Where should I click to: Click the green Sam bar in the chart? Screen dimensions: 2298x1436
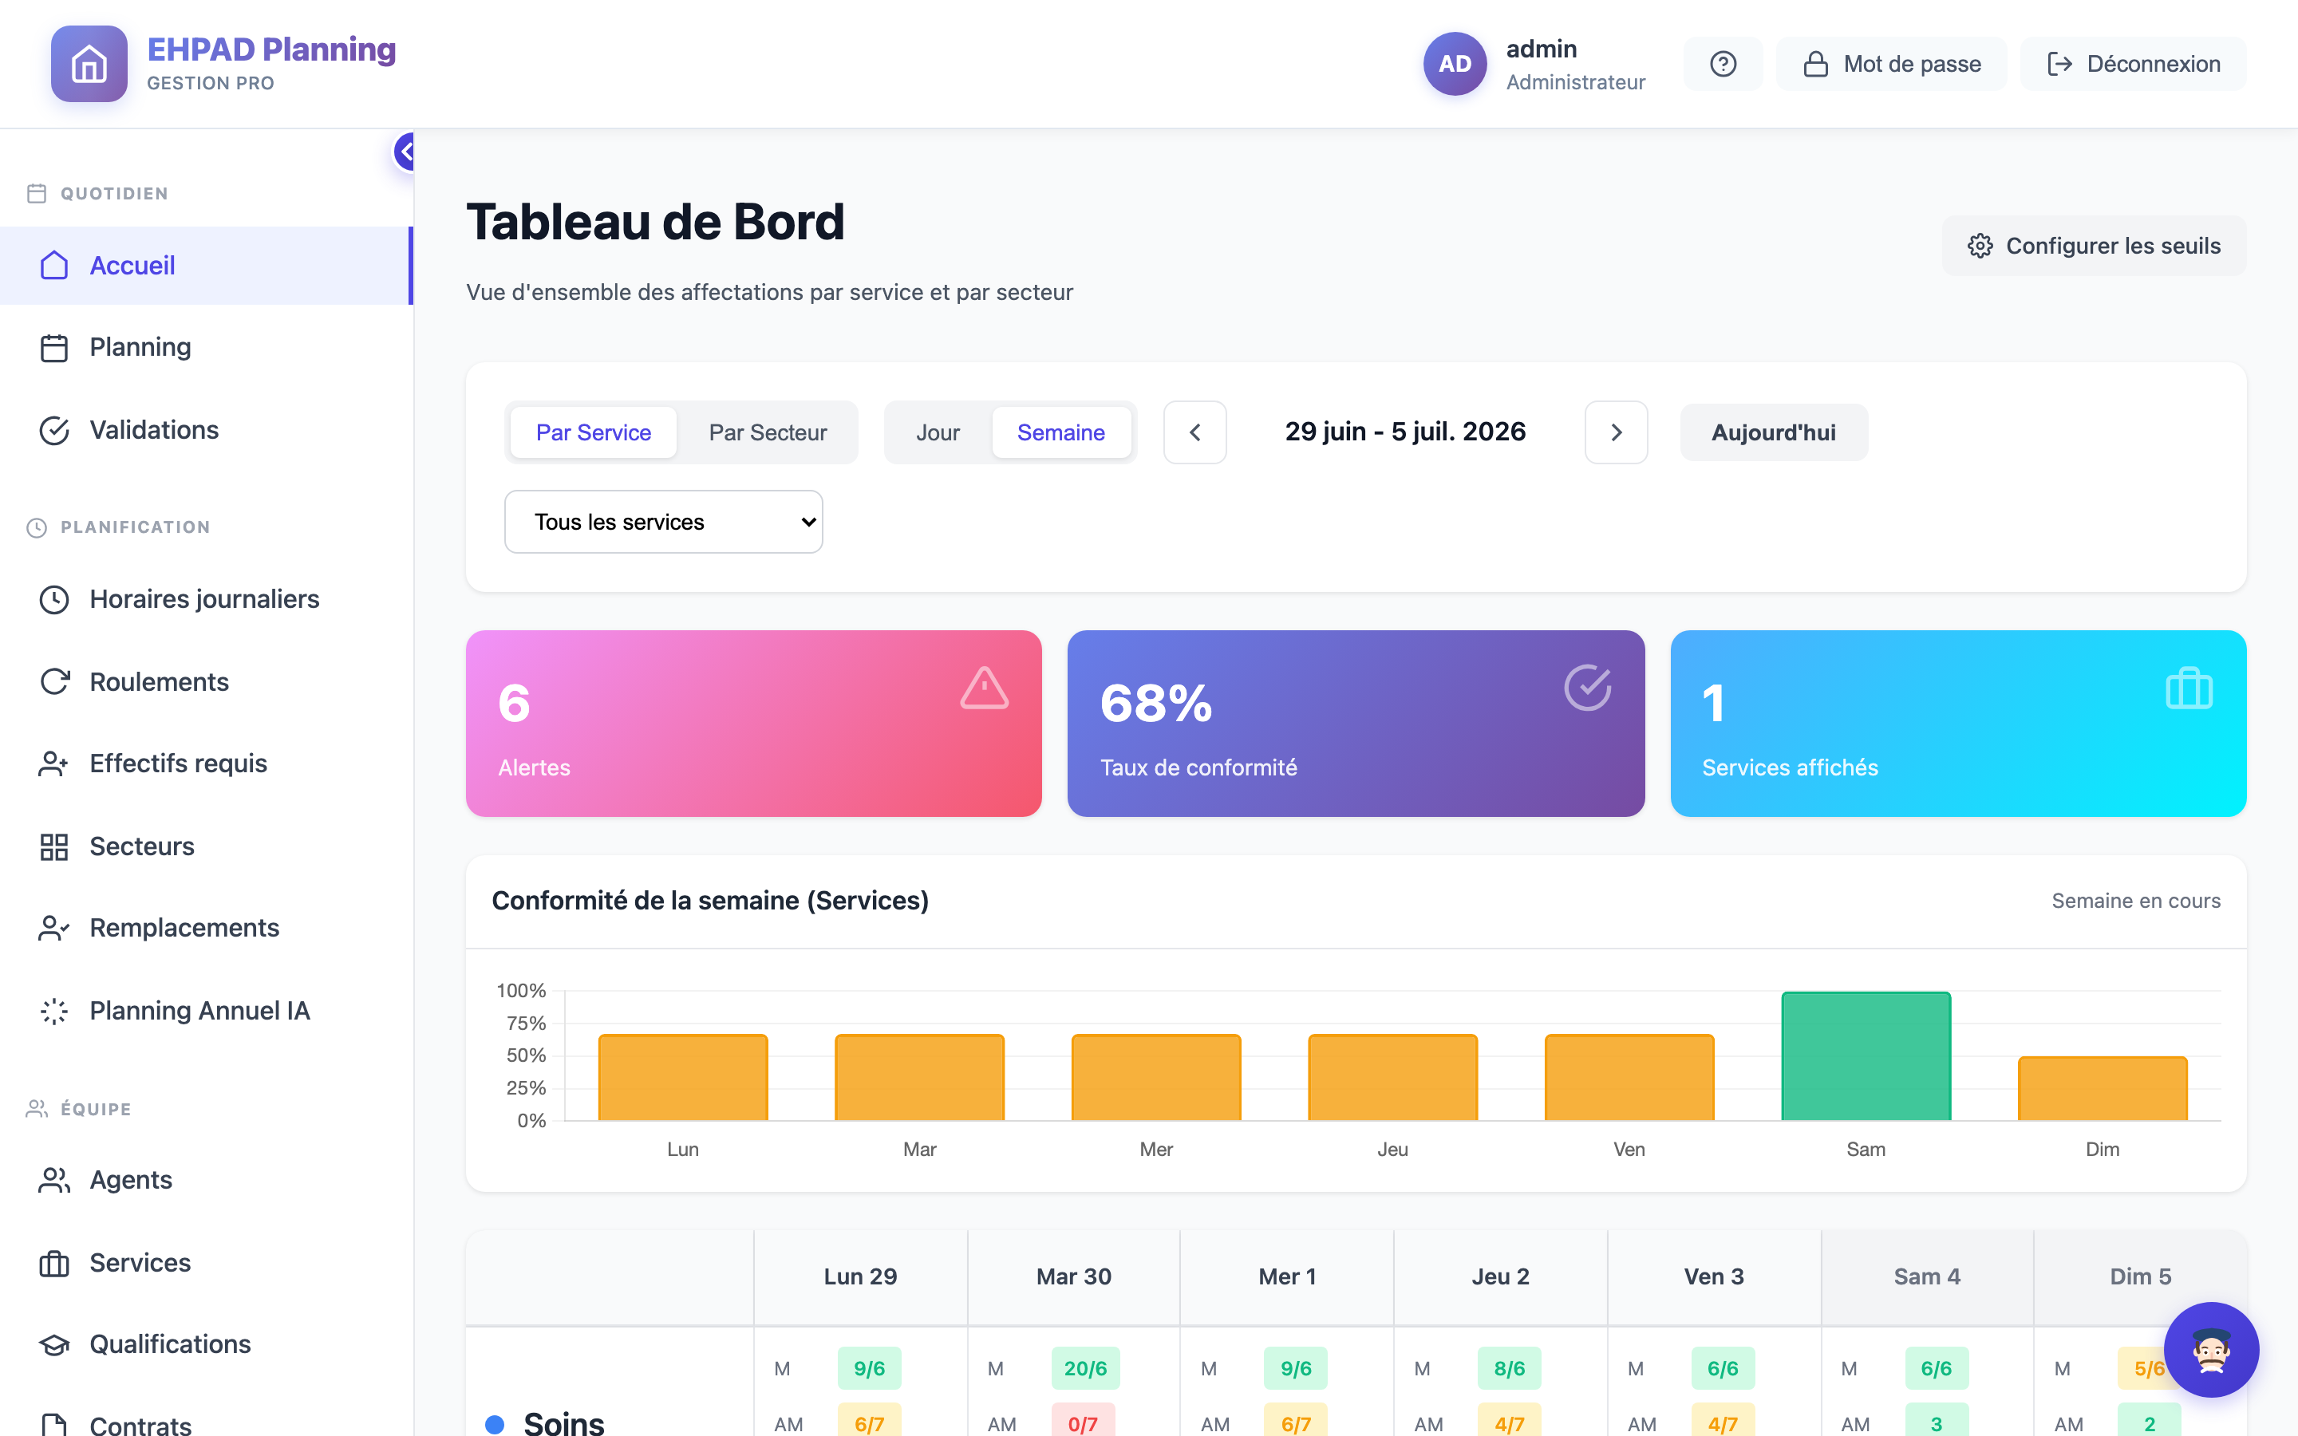[x=1866, y=1056]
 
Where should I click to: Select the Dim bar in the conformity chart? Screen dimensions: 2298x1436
[x=2103, y=1088]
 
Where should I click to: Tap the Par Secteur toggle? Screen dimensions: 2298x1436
[x=768, y=432]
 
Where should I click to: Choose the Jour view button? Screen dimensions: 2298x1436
[x=938, y=432]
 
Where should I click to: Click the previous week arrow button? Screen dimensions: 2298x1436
[x=1194, y=432]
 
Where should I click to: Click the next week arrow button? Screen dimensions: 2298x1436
[x=1617, y=432]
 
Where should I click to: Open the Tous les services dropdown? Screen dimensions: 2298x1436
[x=664, y=522]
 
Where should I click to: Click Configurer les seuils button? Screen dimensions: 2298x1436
[x=2094, y=246]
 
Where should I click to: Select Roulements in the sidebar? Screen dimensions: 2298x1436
[x=159, y=682]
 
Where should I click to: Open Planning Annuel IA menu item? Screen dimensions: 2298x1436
[x=199, y=1011]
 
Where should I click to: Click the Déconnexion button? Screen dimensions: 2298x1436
[x=2133, y=64]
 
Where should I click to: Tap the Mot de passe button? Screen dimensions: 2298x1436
[x=1892, y=64]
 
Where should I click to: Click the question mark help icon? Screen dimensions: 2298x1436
[x=1723, y=64]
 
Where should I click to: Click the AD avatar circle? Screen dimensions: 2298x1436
[x=1455, y=64]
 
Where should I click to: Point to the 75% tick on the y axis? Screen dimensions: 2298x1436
[x=526, y=1023]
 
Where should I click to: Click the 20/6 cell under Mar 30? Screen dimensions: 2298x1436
[x=1085, y=1368]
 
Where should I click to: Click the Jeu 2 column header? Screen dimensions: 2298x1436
[x=1500, y=1276]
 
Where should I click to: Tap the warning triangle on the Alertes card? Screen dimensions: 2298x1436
[x=984, y=688]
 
